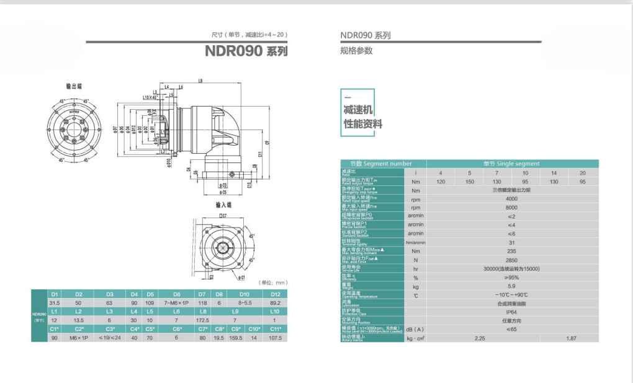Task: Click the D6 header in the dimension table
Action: pos(176,294)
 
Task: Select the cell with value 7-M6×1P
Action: pos(176,302)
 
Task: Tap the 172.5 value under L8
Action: pos(202,320)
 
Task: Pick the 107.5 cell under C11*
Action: pos(276,338)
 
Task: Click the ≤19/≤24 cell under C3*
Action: pos(110,338)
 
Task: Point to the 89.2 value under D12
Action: pos(276,302)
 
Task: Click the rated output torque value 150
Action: pos(470,182)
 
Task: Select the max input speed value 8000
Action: pos(512,208)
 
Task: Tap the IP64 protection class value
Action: pos(512,312)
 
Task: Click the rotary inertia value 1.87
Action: pos(571,338)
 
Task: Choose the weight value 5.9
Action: pos(512,286)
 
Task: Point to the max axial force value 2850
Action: pos(512,260)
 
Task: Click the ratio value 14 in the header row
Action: pos(554,172)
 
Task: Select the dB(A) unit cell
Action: pos(415,329)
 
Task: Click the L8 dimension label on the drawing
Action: pos(201,81)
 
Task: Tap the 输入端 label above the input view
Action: pos(223,205)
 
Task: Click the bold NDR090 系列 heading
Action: pos(246,51)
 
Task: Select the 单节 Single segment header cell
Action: pos(512,164)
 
